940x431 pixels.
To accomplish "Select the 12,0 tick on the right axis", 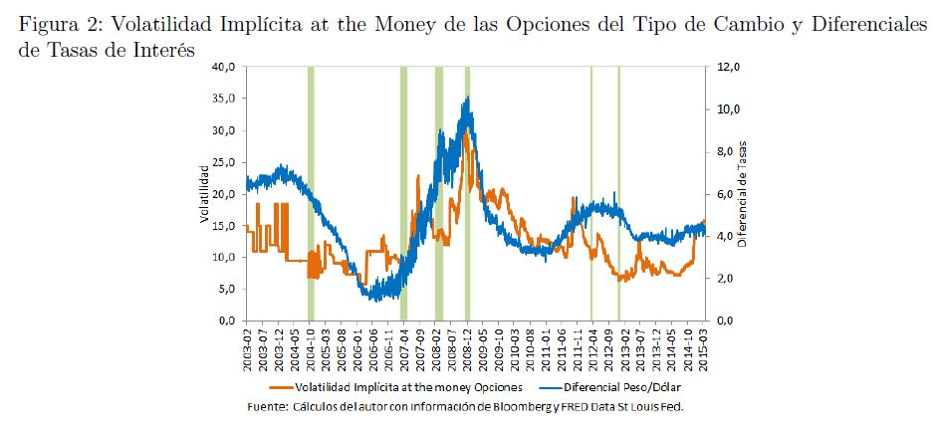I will [x=731, y=67].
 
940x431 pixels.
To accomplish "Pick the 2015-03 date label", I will [x=705, y=348].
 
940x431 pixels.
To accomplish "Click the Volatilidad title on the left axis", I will [x=203, y=194].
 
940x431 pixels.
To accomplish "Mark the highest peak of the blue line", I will [x=468, y=98].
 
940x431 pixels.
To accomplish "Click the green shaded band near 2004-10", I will [x=312, y=194].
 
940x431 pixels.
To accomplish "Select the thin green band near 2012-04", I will [x=591, y=194].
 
